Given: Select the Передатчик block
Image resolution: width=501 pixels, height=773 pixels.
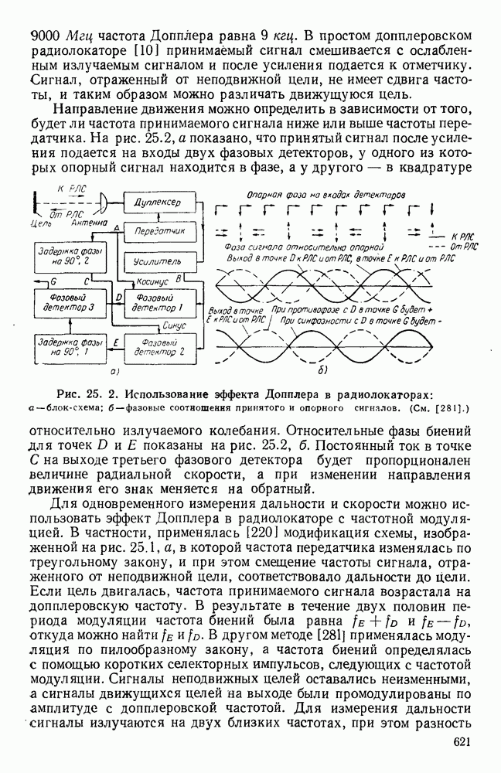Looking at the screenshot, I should tap(158, 230).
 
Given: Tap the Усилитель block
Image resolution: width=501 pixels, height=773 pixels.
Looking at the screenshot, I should tap(158, 259).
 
